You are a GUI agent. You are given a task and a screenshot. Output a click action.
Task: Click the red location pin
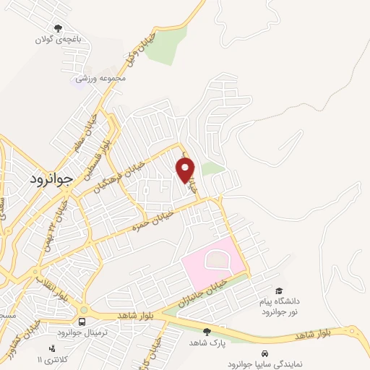(186, 170)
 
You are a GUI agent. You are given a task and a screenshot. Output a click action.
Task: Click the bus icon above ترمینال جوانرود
(83, 320)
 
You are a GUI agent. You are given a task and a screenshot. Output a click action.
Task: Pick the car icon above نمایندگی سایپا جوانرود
(266, 353)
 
